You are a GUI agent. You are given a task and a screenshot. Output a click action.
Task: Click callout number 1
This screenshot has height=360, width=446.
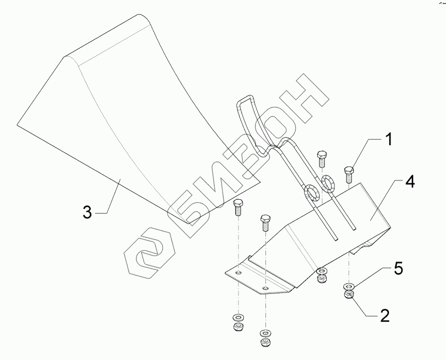tap(388, 141)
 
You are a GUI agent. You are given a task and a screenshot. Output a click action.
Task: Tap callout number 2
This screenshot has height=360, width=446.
tap(384, 316)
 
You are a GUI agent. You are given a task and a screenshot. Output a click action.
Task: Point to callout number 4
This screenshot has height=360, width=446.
tap(410, 183)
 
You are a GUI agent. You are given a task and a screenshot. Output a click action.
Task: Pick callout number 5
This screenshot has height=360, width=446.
tap(397, 269)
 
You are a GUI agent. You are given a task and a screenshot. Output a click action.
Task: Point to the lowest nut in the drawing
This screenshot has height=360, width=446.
tap(265, 342)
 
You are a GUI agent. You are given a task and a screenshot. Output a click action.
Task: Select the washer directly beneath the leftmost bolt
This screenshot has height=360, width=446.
tap(237, 318)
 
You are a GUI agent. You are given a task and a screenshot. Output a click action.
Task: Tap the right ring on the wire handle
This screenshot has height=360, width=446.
tap(328, 182)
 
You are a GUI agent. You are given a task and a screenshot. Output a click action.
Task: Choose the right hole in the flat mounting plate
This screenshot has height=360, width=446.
tap(265, 289)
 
